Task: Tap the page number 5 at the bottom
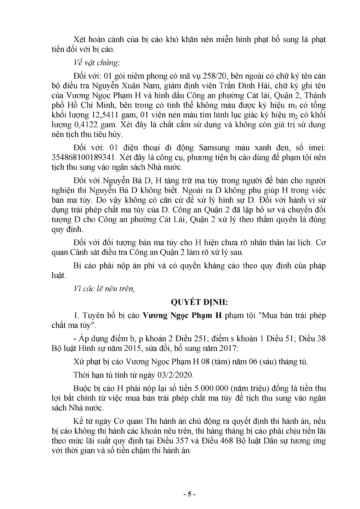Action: tap(190, 494)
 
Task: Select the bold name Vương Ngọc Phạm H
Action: tap(182, 316)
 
